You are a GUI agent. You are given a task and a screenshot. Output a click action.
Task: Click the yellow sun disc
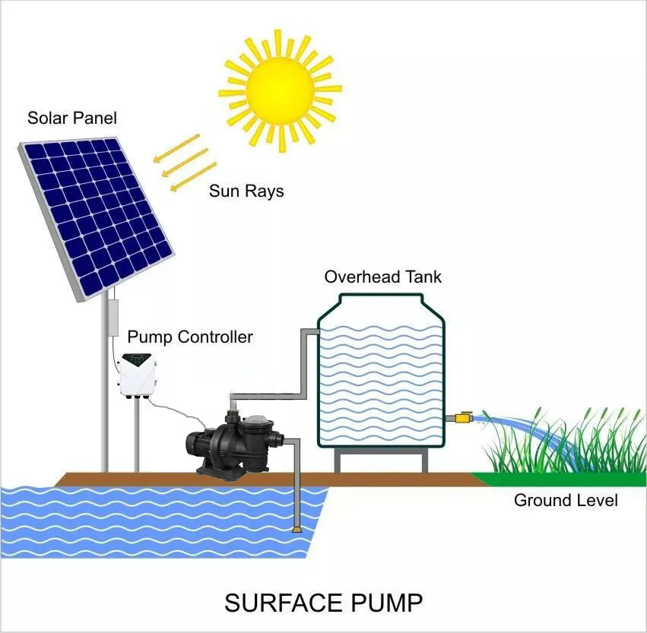279,89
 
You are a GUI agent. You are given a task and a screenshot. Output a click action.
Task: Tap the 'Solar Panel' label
72,119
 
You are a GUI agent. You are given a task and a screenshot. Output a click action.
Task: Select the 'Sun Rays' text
246,191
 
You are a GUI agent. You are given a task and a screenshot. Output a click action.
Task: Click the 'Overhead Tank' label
382,277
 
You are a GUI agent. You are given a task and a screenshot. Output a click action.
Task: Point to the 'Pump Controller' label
189,337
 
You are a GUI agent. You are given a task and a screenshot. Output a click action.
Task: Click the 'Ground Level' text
566,500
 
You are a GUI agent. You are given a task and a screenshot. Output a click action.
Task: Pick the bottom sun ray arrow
192,178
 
